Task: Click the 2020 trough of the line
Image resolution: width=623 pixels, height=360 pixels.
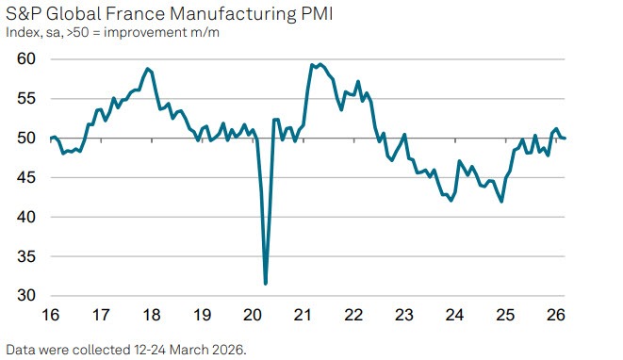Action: [x=266, y=283]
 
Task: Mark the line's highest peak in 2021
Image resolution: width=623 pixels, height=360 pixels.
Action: [x=320, y=64]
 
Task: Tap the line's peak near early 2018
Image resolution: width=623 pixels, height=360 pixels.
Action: [x=148, y=69]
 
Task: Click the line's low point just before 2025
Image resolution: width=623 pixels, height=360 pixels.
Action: [x=501, y=201]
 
